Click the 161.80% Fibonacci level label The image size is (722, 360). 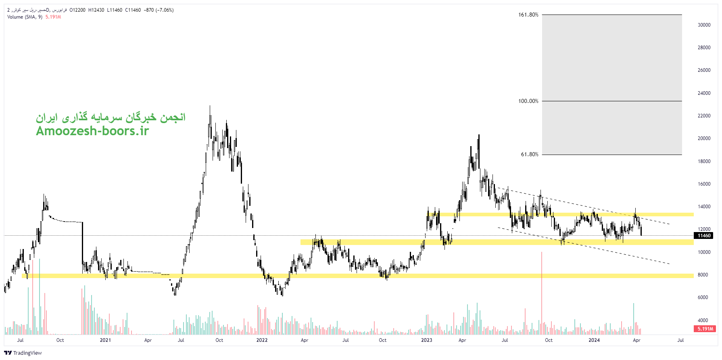point(528,15)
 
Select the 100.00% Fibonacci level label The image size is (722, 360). point(528,101)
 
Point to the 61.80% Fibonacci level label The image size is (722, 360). point(529,155)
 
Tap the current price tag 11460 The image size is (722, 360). point(704,236)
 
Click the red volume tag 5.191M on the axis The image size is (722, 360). point(705,329)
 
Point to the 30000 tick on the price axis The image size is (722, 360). point(704,25)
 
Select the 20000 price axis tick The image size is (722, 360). point(704,138)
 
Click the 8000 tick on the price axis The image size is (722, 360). point(703,275)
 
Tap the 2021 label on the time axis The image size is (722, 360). point(105,340)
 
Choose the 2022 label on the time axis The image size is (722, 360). point(262,340)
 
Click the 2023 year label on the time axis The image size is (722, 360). point(426,340)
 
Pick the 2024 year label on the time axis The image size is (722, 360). point(594,340)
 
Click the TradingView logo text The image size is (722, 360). point(27,353)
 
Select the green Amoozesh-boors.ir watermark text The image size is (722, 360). point(92,131)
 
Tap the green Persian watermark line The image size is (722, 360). point(111,117)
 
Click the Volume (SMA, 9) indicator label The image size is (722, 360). point(25,17)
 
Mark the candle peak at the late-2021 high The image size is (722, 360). point(210,107)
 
